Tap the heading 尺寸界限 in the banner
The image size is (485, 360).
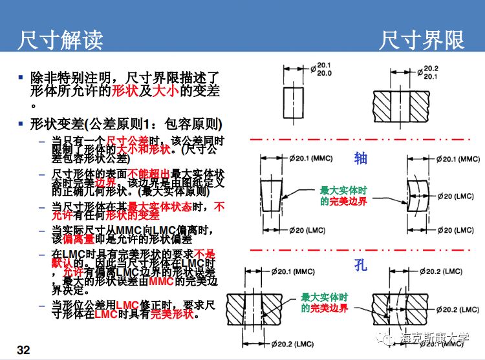pos(421,41)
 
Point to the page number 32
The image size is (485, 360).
pos(23,350)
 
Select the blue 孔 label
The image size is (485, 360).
pos(360,265)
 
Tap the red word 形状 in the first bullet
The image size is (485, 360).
pos(125,91)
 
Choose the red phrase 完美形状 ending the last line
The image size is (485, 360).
pos(173,314)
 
